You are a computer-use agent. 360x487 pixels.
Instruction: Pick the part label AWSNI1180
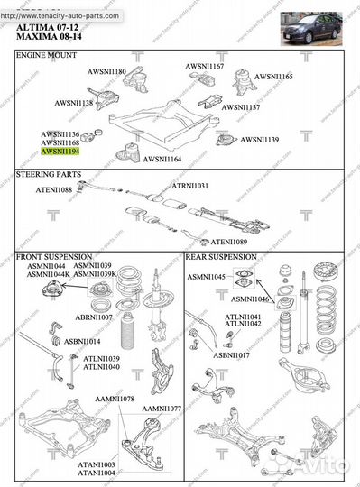point(106,71)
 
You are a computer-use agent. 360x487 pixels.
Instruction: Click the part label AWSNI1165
point(273,78)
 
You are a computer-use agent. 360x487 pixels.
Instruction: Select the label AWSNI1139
point(259,140)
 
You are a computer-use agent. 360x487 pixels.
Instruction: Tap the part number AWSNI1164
point(162,159)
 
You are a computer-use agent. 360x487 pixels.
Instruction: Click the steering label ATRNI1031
point(191,186)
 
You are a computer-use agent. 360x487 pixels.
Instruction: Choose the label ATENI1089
point(230,242)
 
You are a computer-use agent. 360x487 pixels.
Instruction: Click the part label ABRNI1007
point(94,317)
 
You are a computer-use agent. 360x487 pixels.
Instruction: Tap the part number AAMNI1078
point(115,398)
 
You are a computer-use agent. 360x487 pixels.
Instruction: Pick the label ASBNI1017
point(232,355)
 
